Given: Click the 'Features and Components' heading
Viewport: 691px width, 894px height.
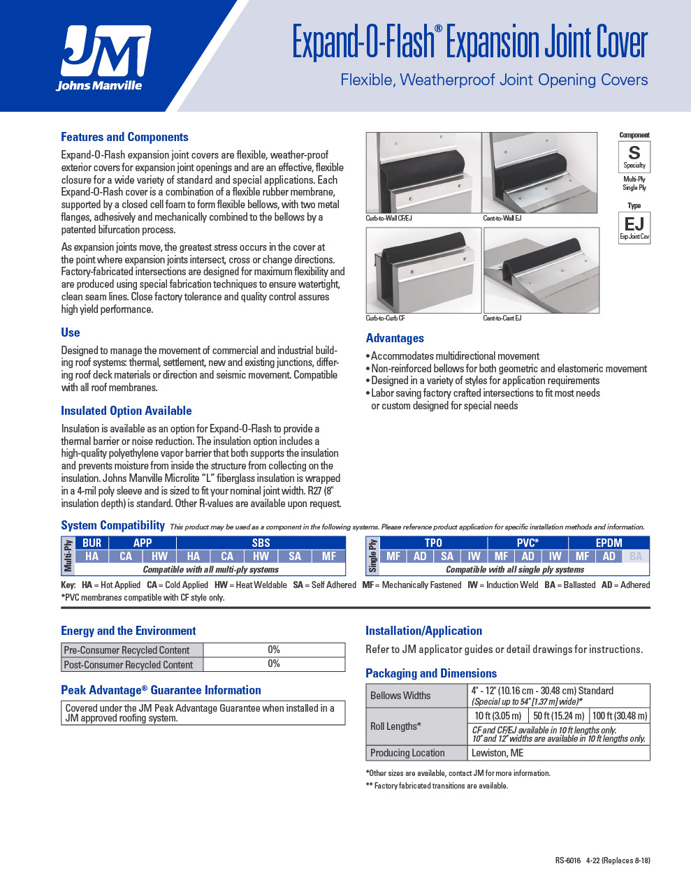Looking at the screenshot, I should click(x=124, y=137).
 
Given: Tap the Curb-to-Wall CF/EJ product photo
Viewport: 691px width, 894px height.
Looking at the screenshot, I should click(x=423, y=173).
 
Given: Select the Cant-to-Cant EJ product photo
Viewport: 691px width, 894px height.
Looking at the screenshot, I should click(x=541, y=270).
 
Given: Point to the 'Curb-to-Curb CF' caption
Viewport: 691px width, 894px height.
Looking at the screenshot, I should click(x=386, y=318).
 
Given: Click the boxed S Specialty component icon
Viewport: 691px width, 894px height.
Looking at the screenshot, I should click(x=634, y=156).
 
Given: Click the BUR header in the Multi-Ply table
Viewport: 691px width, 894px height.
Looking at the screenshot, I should click(x=92, y=543).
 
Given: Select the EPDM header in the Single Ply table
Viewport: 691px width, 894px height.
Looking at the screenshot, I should click(x=609, y=543).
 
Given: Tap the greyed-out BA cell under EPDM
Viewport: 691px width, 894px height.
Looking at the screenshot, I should click(x=635, y=556).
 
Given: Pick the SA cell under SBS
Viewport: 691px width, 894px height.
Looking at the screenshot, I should click(x=295, y=556).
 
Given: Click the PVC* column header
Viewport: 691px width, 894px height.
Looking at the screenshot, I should click(x=528, y=543).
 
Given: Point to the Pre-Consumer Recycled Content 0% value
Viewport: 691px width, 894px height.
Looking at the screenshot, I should click(x=274, y=650).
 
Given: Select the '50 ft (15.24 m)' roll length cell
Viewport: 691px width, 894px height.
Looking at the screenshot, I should click(x=558, y=716).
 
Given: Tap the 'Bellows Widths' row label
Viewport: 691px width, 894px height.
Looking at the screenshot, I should click(x=400, y=696).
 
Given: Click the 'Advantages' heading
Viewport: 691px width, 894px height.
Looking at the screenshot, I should click(x=395, y=338).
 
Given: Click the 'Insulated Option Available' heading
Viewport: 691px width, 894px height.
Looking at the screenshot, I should click(x=126, y=411).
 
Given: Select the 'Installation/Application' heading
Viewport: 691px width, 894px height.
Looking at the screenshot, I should click(x=423, y=631).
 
